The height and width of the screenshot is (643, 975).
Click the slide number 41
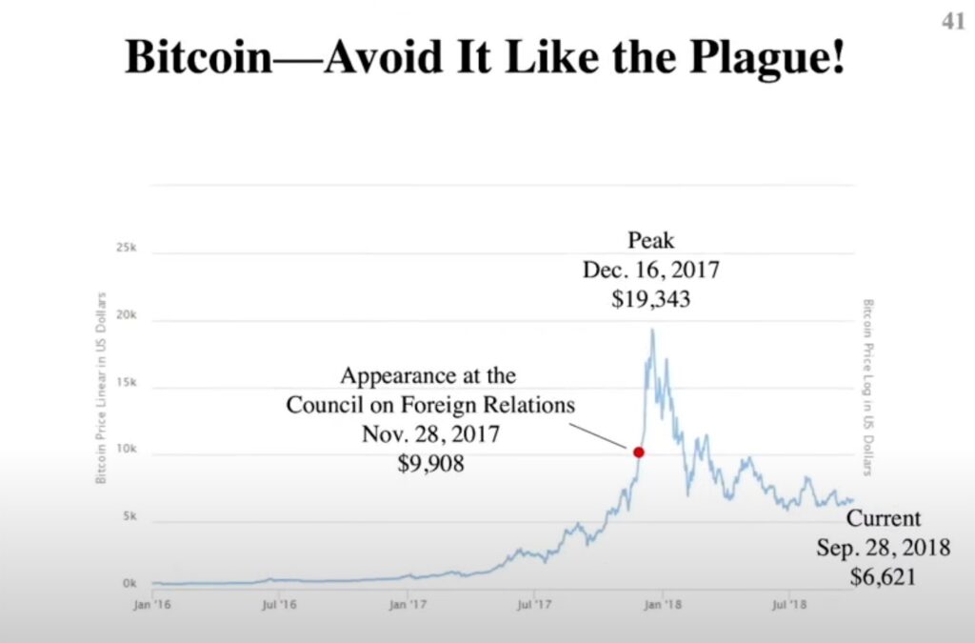[953, 22]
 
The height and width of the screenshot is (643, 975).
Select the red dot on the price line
[639, 452]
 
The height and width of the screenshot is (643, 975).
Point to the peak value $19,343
[651, 298]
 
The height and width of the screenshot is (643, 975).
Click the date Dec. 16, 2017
[651, 270]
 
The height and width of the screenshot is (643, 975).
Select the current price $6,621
[885, 575]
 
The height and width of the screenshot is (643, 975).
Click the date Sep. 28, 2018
[885, 548]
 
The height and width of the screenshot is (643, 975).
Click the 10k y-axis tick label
[128, 452]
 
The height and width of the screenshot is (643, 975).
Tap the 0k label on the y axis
[130, 582]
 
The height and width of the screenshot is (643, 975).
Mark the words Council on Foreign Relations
[430, 404]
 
